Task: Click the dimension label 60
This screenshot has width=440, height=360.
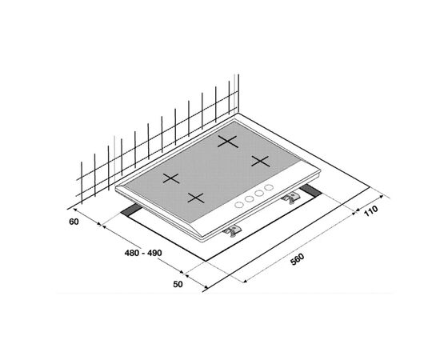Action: [74, 222]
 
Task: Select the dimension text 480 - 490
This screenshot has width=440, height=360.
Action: [143, 253]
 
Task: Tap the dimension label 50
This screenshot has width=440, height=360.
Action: [178, 284]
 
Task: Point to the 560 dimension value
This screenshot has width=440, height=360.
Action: [297, 259]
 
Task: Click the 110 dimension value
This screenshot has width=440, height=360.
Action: [371, 211]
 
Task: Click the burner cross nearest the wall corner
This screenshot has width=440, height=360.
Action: [228, 142]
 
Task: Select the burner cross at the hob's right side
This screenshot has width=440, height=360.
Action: [261, 161]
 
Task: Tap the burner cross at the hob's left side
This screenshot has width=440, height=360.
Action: [171, 178]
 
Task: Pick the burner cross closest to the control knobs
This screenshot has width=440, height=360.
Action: [196, 198]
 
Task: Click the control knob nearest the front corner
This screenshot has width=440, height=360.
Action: [239, 205]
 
